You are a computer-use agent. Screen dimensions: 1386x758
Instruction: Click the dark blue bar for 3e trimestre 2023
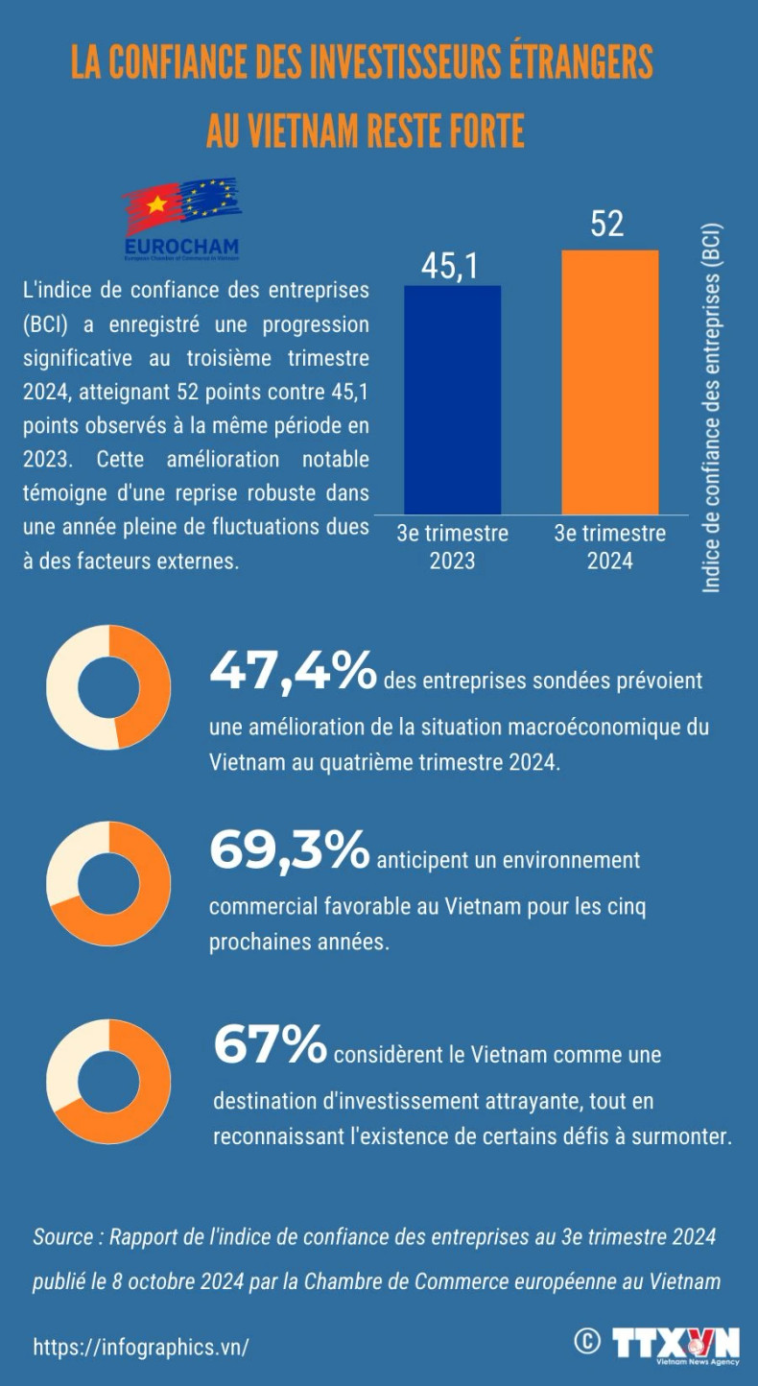point(452,399)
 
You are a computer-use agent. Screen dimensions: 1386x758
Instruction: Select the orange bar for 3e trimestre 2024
point(610,382)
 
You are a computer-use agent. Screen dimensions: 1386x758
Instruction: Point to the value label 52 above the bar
point(606,225)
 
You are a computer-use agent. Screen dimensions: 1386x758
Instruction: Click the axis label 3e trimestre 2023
point(452,546)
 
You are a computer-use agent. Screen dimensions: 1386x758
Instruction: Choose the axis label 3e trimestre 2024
point(609,546)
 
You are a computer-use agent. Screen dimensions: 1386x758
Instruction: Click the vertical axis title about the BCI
point(712,408)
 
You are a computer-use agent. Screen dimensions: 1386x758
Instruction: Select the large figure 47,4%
point(293,673)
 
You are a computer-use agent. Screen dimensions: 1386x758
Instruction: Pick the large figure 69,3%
point(289,851)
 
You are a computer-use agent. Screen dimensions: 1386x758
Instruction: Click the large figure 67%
point(270,1045)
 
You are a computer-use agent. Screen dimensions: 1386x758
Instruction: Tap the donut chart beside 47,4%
point(108,687)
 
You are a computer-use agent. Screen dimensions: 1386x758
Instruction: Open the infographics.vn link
point(141,1347)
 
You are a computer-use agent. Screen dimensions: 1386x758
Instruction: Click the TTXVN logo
point(676,1344)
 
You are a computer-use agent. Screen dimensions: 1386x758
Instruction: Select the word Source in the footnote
point(62,1237)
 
